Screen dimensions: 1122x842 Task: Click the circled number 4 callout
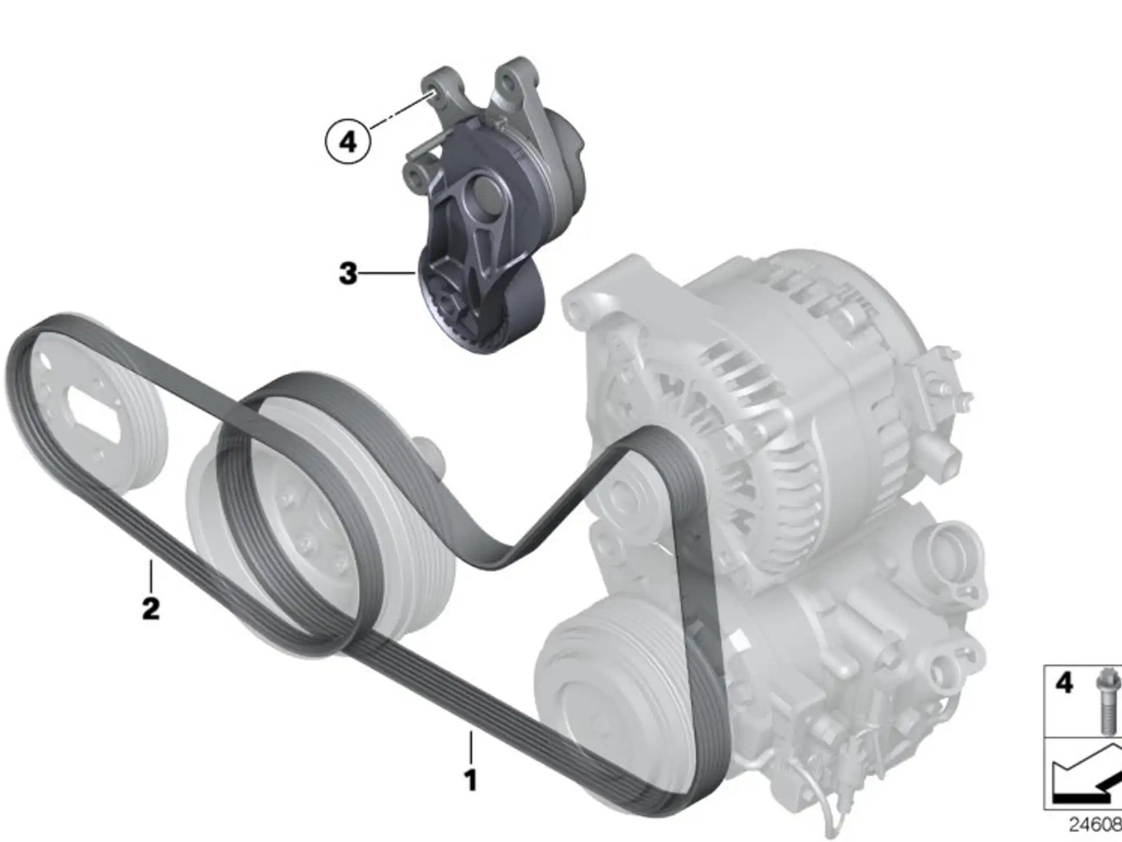(348, 141)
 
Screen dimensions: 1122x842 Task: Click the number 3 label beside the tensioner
(348, 273)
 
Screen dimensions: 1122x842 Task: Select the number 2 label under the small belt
(151, 608)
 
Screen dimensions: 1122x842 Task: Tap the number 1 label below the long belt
(470, 780)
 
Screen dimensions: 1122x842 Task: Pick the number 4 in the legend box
(1064, 682)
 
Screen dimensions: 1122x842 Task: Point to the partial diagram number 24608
(1095, 825)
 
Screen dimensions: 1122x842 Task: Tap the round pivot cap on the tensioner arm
(484, 194)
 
